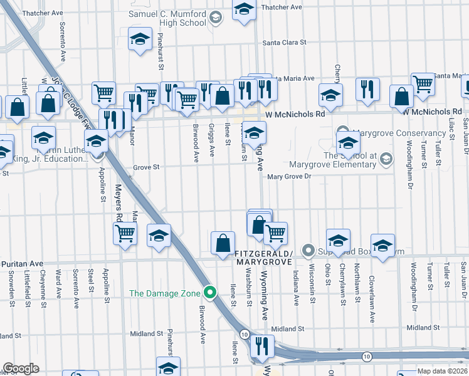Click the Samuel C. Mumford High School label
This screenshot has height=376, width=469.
click(x=167, y=18)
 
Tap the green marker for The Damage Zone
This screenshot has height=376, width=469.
click(x=212, y=293)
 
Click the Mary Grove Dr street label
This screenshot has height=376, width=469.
click(x=289, y=177)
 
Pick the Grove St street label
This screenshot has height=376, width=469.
click(x=147, y=167)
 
